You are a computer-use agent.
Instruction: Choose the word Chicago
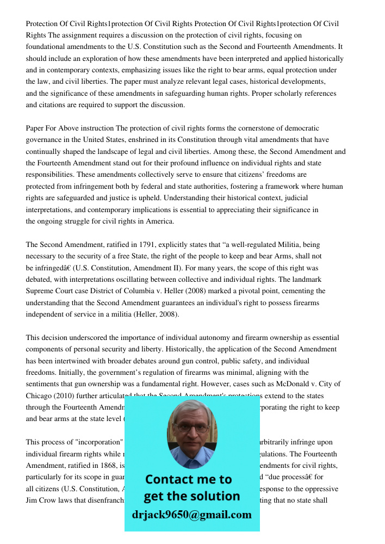point(37,395)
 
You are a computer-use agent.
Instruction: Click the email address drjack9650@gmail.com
point(191,515)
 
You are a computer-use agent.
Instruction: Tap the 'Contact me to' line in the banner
point(188,479)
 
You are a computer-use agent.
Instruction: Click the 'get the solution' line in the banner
point(191,496)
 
